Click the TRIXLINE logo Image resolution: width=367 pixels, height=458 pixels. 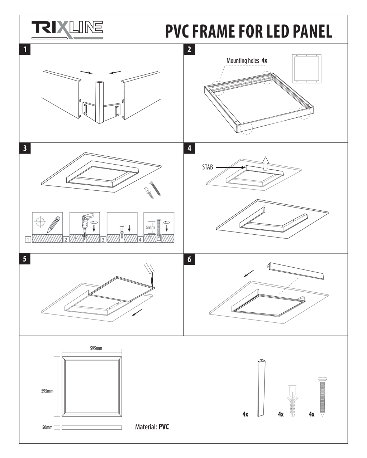(67, 30)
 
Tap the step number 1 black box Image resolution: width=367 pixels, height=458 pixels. (25, 49)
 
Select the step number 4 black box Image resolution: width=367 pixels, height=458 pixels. (189, 148)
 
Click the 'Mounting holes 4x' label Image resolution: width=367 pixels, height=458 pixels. (247, 60)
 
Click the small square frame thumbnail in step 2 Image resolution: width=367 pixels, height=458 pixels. (306, 69)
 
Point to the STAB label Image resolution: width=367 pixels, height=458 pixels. (208, 167)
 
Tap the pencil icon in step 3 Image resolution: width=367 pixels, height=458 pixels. (53, 225)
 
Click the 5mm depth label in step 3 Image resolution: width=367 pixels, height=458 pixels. (151, 227)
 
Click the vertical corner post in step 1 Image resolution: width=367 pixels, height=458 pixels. (99, 102)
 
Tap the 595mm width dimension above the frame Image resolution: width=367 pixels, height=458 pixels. (96, 348)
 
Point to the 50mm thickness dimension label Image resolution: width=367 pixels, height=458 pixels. (47, 427)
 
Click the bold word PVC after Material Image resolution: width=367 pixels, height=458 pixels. (163, 427)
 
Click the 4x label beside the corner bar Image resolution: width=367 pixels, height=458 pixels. (245, 414)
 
